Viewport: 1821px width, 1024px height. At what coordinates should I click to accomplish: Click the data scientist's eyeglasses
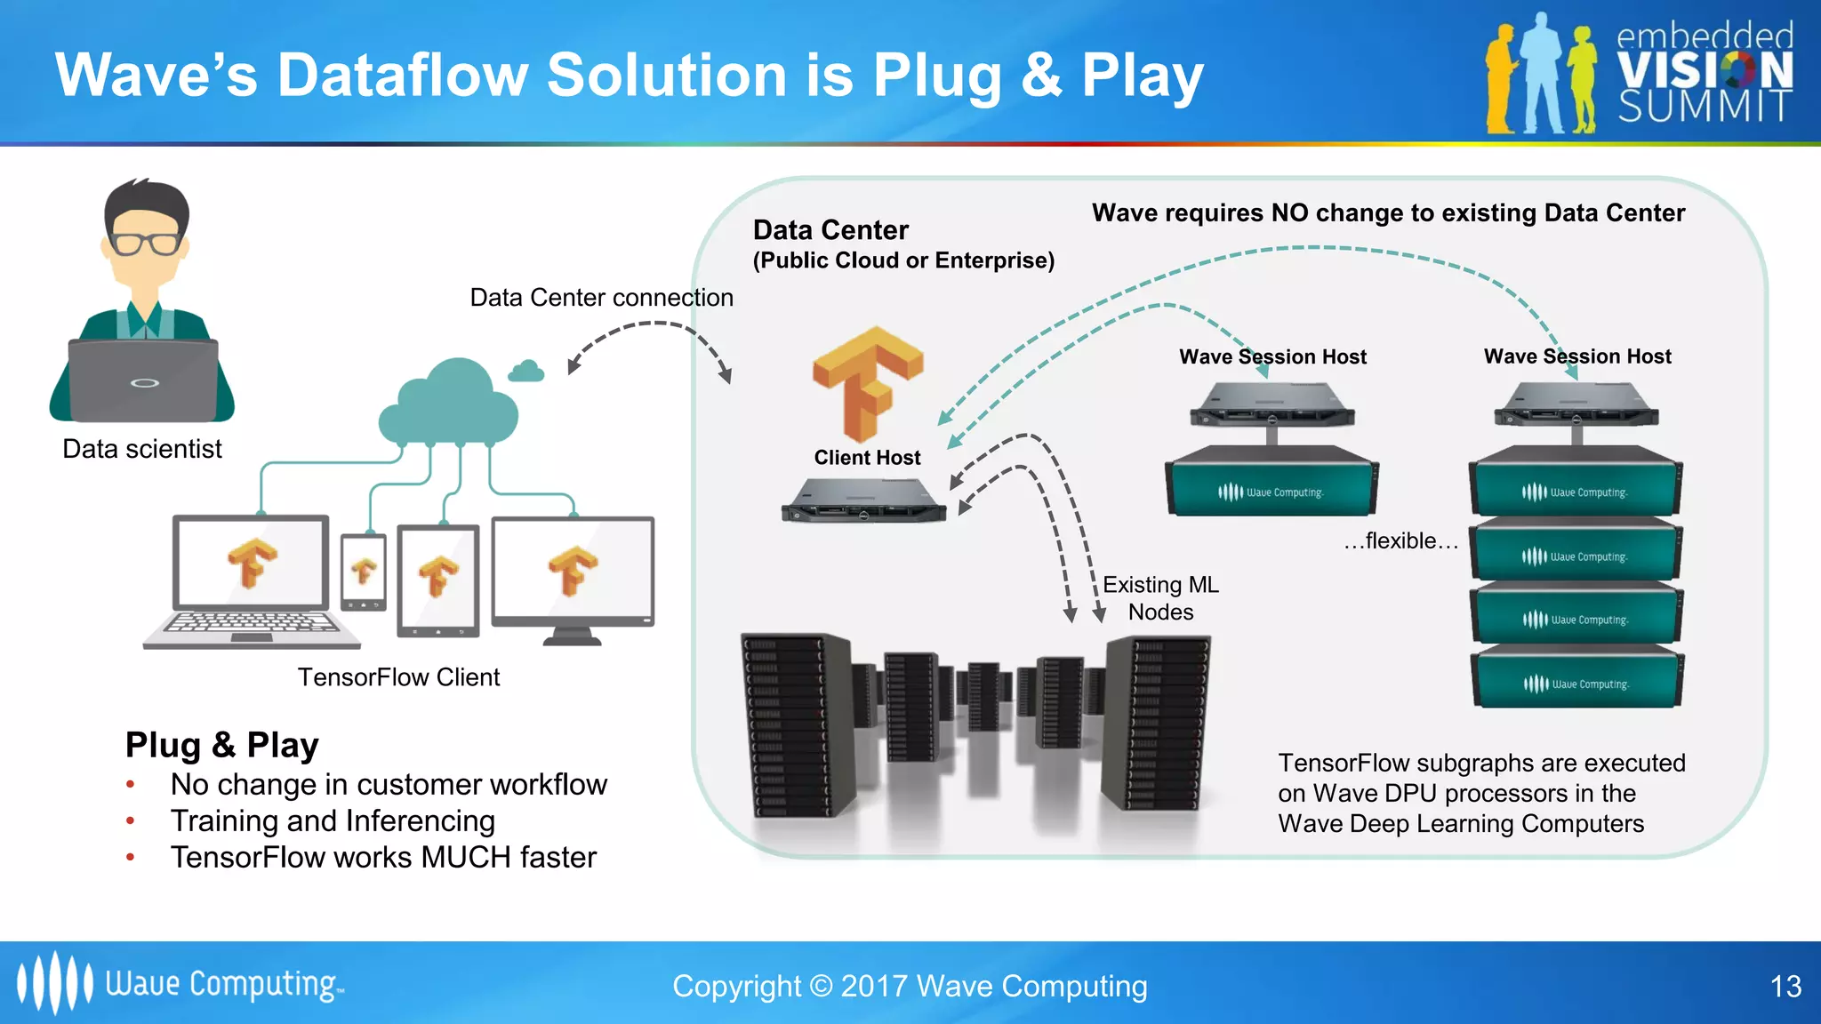pos(145,243)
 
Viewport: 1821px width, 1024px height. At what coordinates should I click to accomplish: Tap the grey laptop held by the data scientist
pos(144,380)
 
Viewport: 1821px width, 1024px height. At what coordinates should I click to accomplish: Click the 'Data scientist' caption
pos(142,449)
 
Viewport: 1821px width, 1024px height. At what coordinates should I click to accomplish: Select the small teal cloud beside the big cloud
pos(526,372)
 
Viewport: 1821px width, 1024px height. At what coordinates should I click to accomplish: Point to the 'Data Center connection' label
pos(601,298)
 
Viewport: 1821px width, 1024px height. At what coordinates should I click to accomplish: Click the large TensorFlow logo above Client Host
pos(867,382)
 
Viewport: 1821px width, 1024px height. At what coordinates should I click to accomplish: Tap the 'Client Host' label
pos(867,458)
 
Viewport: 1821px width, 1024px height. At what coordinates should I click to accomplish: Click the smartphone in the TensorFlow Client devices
pos(364,572)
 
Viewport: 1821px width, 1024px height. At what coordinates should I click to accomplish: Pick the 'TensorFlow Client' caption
pos(398,677)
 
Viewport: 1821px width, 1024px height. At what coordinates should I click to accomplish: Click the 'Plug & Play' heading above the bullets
pos(221,745)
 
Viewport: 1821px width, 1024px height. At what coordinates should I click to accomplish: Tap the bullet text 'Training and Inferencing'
pos(333,821)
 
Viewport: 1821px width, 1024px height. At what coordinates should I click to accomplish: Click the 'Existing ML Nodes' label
pos(1160,598)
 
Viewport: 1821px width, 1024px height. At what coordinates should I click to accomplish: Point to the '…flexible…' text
pos(1400,541)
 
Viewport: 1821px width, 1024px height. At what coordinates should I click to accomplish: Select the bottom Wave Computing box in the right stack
pos(1576,681)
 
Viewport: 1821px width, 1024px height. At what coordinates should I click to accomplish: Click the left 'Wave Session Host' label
pos(1272,357)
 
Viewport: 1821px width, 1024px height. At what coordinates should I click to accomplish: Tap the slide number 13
pos(1785,987)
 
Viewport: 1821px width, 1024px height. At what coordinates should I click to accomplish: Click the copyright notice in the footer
pos(910,987)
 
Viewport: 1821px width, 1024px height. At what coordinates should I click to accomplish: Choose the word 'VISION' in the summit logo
pos(1704,71)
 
